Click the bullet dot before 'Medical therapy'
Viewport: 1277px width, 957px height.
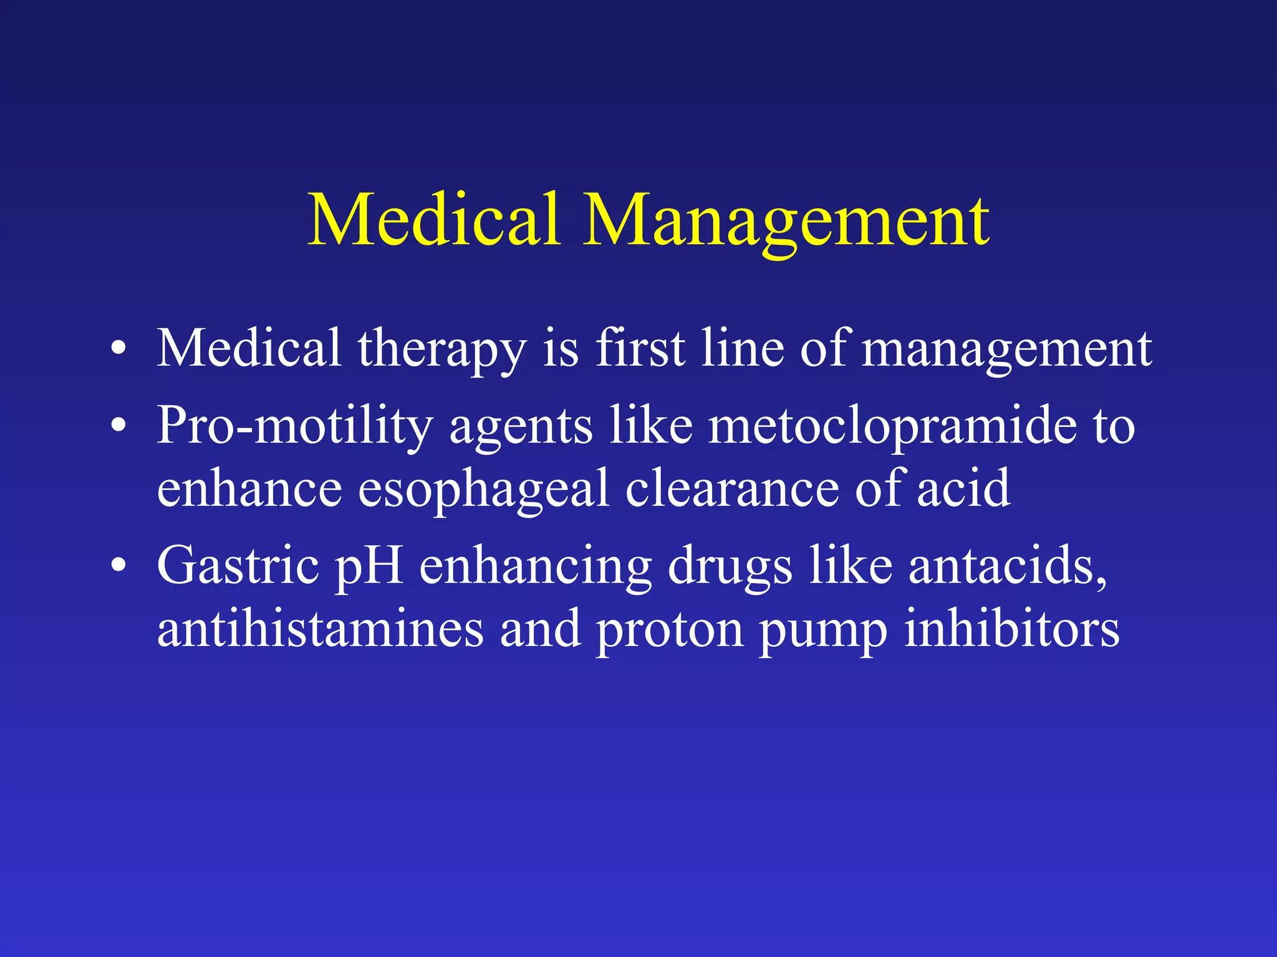(x=118, y=350)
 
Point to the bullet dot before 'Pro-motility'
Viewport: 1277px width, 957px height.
(x=118, y=427)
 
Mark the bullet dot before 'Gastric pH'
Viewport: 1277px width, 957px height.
(x=118, y=566)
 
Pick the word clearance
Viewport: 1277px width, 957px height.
(x=732, y=489)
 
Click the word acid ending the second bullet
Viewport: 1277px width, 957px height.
(x=963, y=489)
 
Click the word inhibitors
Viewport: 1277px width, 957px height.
(x=1011, y=629)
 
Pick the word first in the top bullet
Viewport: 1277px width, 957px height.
(x=640, y=349)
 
